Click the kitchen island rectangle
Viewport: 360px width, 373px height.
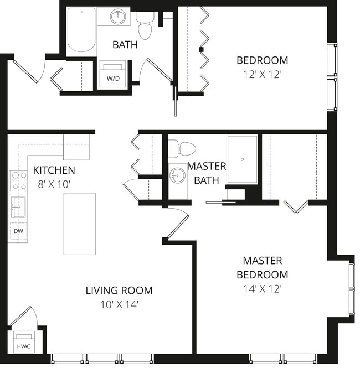pyautogui.click(x=79, y=224)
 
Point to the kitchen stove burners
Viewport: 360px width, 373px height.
pyautogui.click(x=17, y=181)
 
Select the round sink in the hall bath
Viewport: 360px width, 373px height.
pyautogui.click(x=117, y=17)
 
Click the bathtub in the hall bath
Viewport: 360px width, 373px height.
pyautogui.click(x=81, y=31)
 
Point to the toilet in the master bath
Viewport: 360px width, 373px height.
pyautogui.click(x=183, y=148)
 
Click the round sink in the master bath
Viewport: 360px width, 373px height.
pyautogui.click(x=177, y=177)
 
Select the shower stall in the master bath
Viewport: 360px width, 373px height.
pyautogui.click(x=242, y=160)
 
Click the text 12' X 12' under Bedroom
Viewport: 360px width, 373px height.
pyautogui.click(x=262, y=74)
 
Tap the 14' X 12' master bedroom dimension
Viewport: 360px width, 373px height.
pyautogui.click(x=262, y=288)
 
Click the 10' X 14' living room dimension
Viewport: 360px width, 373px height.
pyautogui.click(x=119, y=304)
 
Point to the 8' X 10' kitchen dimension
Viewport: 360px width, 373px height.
pyautogui.click(x=54, y=184)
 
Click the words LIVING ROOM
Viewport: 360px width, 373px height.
pyautogui.click(x=119, y=290)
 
